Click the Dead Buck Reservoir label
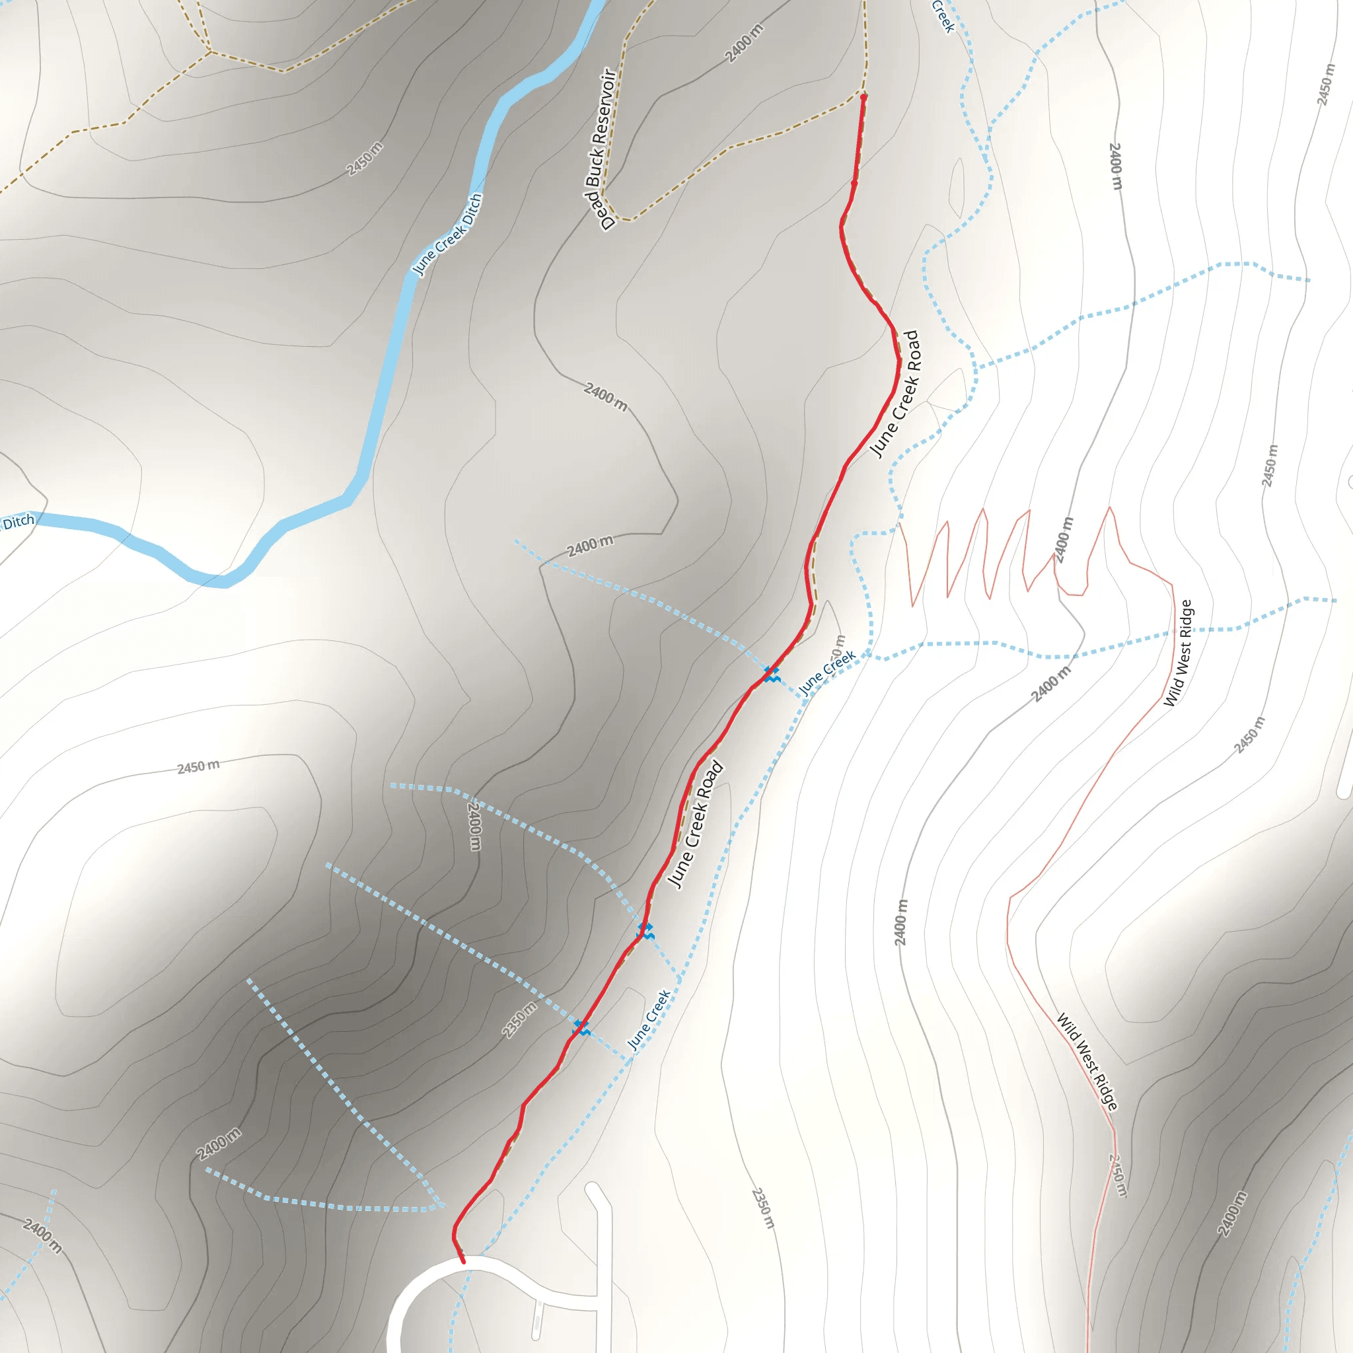point(599,149)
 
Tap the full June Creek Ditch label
point(447,235)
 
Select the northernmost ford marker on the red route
point(771,675)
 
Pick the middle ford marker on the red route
point(645,931)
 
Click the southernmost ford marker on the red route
point(581,1028)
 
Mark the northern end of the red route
point(863,96)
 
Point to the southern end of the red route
point(462,1262)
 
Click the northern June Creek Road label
point(895,394)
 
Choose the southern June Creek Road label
point(695,825)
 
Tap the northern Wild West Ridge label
point(1177,653)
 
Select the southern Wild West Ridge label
point(1087,1062)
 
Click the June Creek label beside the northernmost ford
point(826,673)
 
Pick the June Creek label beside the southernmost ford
point(649,1019)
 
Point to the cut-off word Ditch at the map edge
point(18,523)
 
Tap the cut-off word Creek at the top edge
point(943,15)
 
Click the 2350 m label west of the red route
point(520,1019)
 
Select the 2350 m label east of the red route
point(763,1208)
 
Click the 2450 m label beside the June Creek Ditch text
point(365,159)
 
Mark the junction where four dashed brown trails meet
point(209,51)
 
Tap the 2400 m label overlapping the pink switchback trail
point(1062,540)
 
